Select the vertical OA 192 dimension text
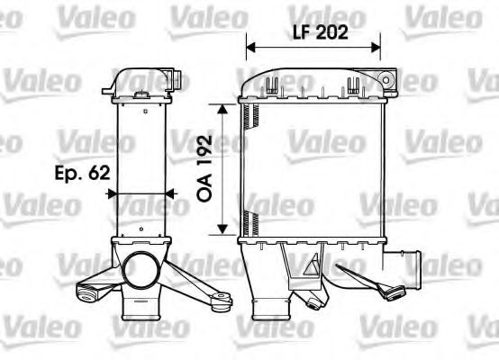coord(204,168)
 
